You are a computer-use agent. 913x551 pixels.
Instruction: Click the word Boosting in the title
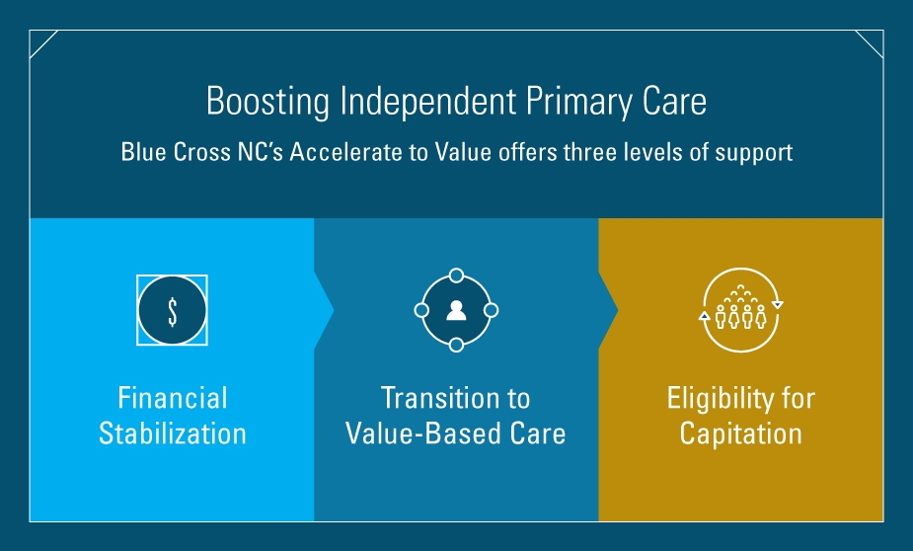(267, 102)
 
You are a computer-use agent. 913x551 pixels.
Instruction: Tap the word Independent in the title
(428, 101)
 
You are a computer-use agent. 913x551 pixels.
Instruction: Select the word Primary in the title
(578, 103)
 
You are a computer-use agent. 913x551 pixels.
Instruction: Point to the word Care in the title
(674, 102)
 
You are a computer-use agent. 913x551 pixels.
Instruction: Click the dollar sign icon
(173, 311)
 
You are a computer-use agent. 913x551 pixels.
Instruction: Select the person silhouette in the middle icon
(456, 310)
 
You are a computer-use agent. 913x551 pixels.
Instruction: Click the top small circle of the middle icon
(456, 275)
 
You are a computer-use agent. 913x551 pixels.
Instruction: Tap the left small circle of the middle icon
(421, 310)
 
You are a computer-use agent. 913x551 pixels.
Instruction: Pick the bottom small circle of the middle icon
(456, 346)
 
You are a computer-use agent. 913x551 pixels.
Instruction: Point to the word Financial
(173, 398)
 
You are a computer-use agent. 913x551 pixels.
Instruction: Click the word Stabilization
(173, 433)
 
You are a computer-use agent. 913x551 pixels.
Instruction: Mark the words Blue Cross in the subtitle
(176, 153)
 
